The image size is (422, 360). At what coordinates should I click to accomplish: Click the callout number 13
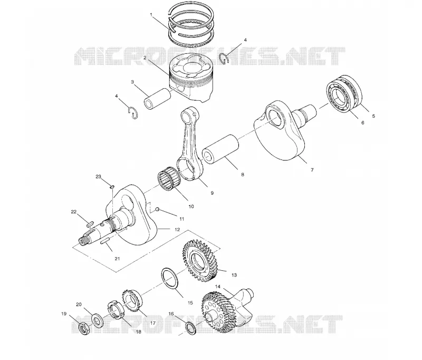tap(234, 275)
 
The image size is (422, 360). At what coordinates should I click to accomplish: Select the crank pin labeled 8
tap(220, 149)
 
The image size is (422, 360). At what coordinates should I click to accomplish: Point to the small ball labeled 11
tap(157, 210)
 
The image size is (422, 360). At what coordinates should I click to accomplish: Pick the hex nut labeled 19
tap(84, 328)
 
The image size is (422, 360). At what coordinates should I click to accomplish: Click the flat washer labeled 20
tap(97, 320)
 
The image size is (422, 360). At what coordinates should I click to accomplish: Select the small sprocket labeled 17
tap(131, 300)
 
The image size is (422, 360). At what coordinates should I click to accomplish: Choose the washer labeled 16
tap(191, 328)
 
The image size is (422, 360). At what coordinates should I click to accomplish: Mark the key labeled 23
tap(112, 186)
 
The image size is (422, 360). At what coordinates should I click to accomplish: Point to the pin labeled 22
tap(90, 223)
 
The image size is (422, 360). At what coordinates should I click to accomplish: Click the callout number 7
tap(312, 170)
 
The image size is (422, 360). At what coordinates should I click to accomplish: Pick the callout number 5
tap(373, 116)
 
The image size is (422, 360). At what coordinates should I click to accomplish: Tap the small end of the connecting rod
tap(188, 116)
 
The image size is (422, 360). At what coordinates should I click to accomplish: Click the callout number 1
tap(151, 15)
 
